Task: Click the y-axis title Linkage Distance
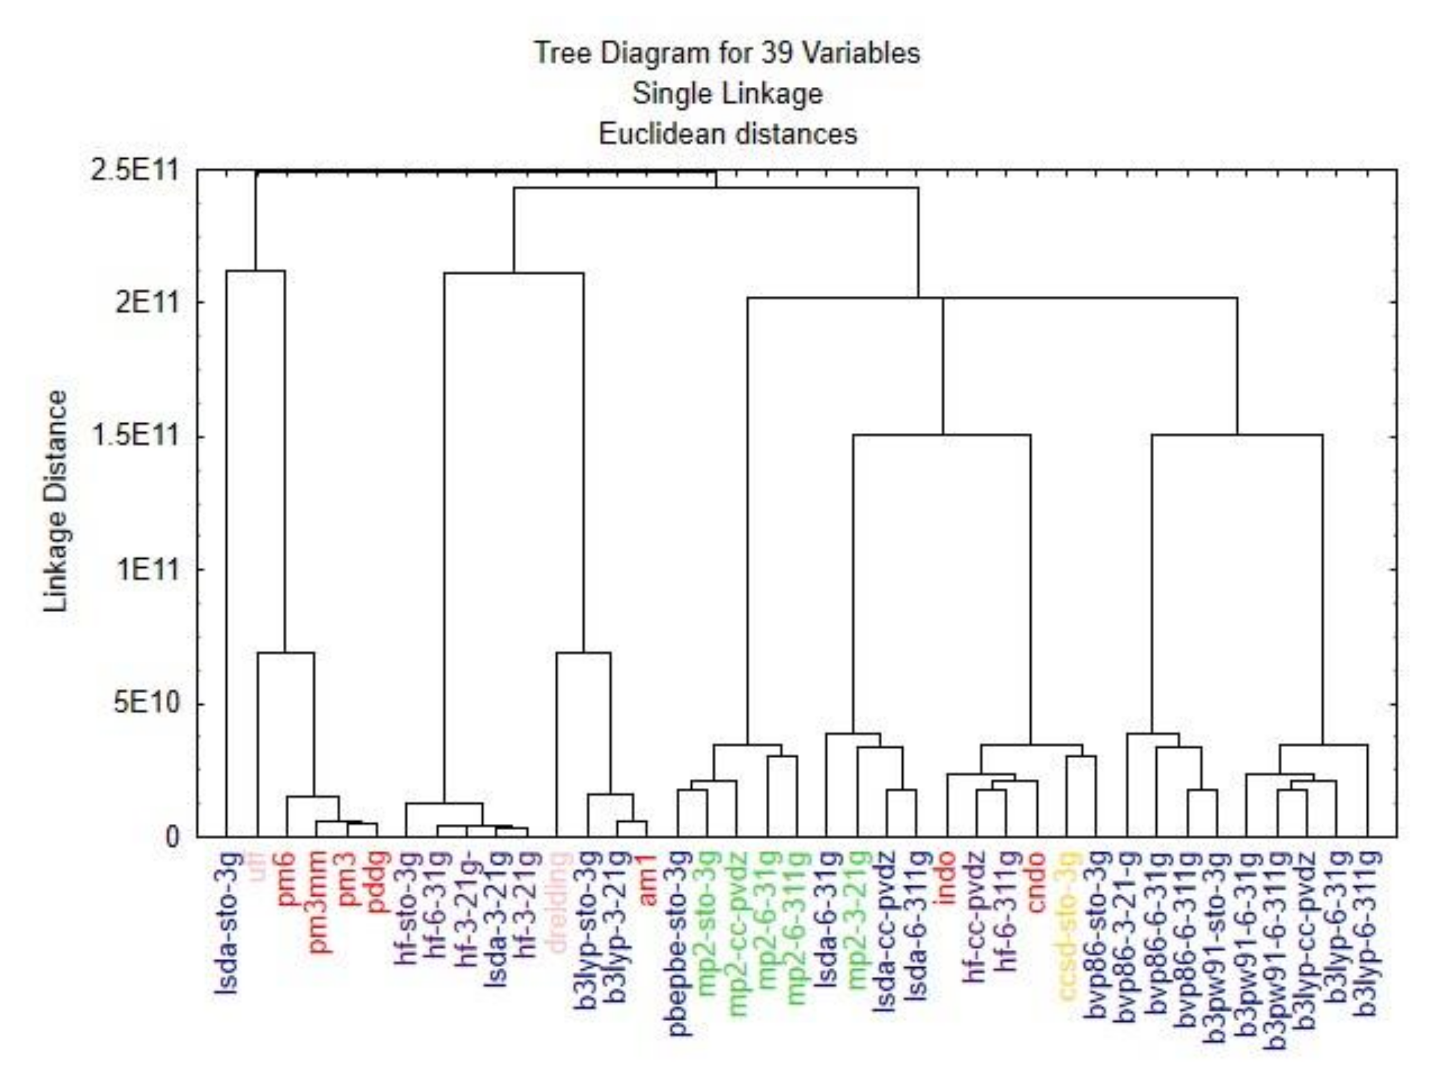click(56, 501)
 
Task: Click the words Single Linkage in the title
click(727, 94)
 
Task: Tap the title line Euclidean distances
click(727, 134)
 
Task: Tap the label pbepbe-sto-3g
click(679, 942)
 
